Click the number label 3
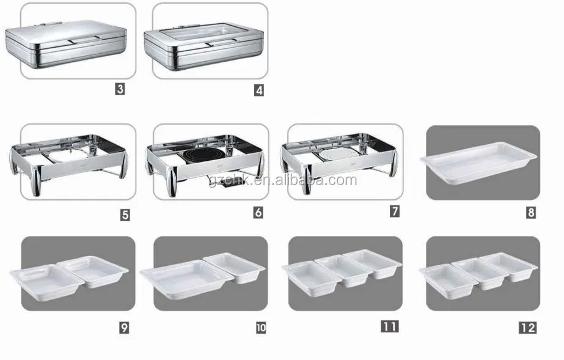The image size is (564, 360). [120, 89]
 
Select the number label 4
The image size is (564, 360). [259, 90]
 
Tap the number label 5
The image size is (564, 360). [125, 215]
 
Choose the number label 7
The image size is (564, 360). [395, 212]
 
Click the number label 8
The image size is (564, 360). [530, 213]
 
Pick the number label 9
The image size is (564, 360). [124, 328]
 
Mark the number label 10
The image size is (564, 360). [261, 328]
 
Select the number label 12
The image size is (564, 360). [527, 328]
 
